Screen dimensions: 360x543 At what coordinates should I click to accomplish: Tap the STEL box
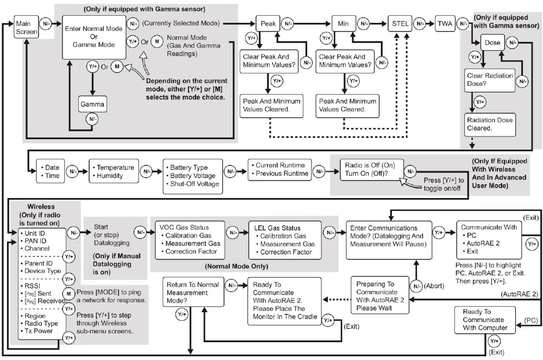point(400,24)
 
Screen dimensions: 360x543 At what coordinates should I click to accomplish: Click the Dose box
point(492,43)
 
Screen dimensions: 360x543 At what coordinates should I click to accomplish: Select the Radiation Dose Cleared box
point(489,124)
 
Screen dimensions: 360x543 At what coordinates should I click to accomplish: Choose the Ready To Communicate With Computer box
point(485,320)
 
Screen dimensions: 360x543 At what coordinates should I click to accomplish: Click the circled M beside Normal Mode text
point(157,41)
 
